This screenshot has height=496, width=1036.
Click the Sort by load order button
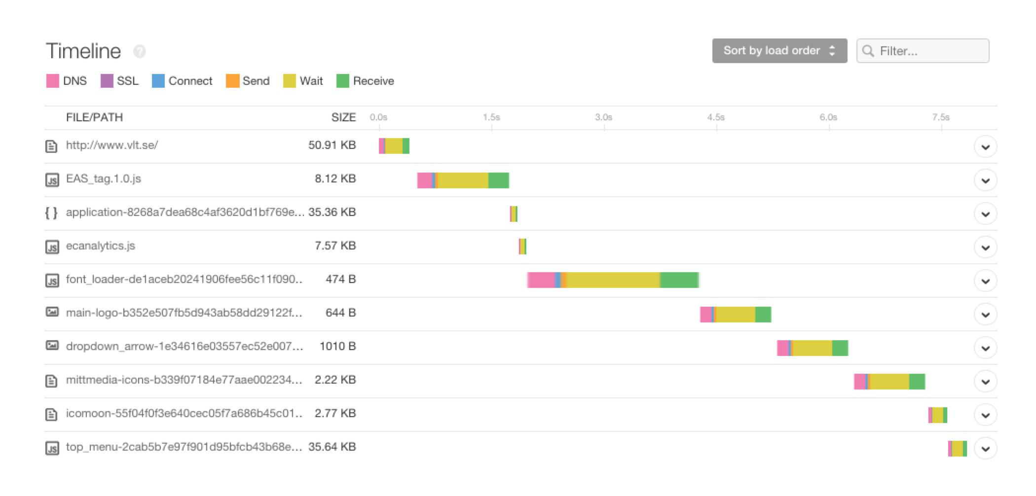tap(779, 51)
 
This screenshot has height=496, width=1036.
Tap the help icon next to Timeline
tap(140, 51)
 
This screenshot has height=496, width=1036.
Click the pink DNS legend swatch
tap(52, 81)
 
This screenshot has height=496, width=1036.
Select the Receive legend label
tap(373, 81)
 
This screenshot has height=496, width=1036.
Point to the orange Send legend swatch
tap(232, 81)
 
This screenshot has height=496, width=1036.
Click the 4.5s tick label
tap(715, 117)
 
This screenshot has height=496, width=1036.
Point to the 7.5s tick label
tap(940, 117)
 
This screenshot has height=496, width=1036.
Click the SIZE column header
tap(343, 117)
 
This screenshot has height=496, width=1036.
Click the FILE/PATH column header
tap(94, 117)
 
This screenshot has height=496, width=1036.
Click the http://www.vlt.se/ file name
tap(112, 145)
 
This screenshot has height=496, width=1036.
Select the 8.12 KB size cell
tap(335, 179)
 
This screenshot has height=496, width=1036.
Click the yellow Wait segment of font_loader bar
tap(613, 280)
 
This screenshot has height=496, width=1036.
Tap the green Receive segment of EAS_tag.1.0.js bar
tap(498, 180)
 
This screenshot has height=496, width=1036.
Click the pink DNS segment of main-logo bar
tap(705, 315)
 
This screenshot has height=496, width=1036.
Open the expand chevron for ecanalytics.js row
tap(985, 248)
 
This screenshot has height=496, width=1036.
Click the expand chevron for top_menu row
tap(985, 449)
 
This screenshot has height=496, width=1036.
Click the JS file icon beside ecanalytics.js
tap(52, 247)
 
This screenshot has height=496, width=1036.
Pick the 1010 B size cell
tap(337, 347)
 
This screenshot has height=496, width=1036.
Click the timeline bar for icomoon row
tap(937, 415)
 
